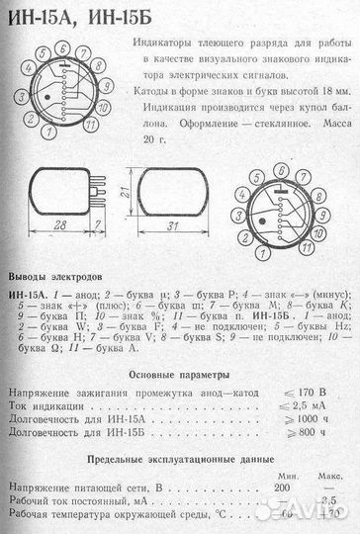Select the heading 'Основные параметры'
click(180, 376)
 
